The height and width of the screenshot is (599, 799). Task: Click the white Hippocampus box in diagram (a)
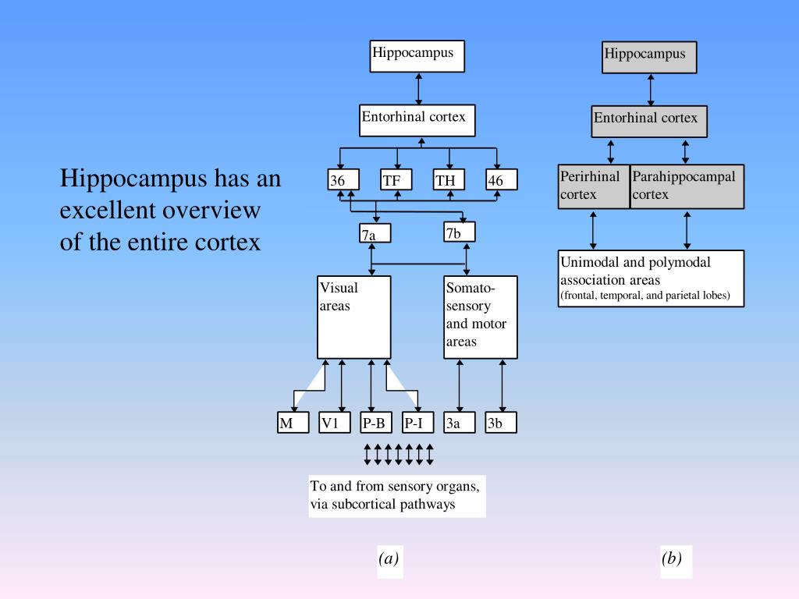(x=417, y=56)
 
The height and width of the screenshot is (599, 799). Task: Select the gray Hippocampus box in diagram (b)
(x=649, y=58)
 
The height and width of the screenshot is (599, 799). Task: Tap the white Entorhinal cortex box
(x=417, y=121)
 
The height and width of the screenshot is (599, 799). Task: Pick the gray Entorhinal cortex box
(x=649, y=122)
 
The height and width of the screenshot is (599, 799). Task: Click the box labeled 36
(x=343, y=180)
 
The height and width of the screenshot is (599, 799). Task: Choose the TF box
(x=396, y=180)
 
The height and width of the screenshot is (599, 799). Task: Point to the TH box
(x=449, y=180)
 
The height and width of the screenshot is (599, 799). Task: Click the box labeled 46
(x=502, y=180)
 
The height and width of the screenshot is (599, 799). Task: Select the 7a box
(x=375, y=233)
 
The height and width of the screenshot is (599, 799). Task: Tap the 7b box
(x=460, y=232)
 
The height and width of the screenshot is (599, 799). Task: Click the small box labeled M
(x=293, y=422)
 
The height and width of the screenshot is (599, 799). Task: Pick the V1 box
(x=335, y=422)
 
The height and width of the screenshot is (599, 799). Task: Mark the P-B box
(x=376, y=422)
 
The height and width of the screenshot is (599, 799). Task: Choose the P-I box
(x=418, y=422)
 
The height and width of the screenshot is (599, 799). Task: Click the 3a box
(x=460, y=422)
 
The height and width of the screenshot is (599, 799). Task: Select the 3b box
(x=501, y=422)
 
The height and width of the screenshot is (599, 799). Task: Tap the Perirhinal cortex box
(x=594, y=186)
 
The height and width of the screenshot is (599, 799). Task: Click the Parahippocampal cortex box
(x=687, y=186)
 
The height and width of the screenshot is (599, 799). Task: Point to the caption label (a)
(x=389, y=558)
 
